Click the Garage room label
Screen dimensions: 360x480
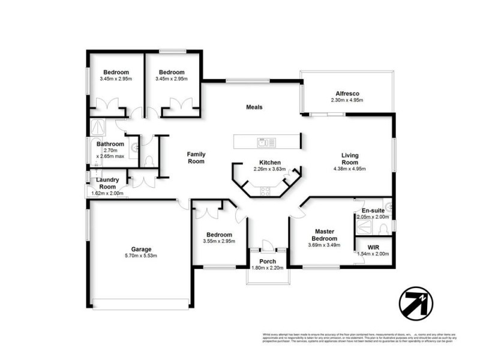tap(142, 249)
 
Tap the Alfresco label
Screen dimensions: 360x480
tap(347, 93)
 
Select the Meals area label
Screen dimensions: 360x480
tap(254, 107)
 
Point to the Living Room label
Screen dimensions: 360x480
tap(349, 158)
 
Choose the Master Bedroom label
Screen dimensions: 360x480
tap(328, 235)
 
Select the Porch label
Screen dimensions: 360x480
tap(267, 261)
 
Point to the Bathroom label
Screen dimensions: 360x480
tap(110, 145)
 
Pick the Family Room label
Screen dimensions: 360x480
tap(196, 157)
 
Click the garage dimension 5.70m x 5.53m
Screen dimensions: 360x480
tap(142, 256)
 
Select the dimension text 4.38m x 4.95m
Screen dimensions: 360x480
tap(349, 169)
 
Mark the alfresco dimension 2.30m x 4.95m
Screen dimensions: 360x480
tap(347, 100)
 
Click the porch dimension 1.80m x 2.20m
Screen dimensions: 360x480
tap(267, 268)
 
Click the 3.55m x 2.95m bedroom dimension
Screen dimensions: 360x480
tap(219, 242)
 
